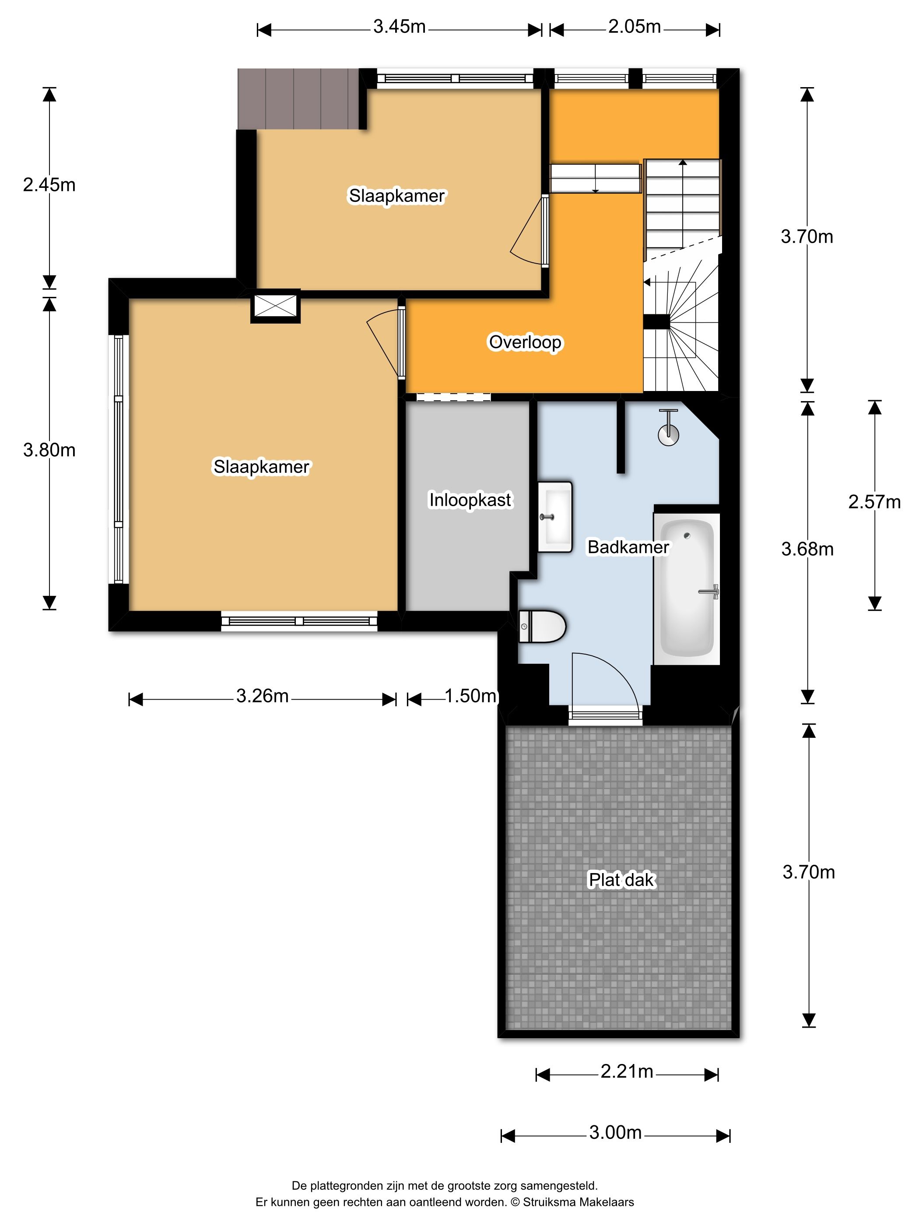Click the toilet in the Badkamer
pos(542,626)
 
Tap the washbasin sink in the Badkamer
pos(554,517)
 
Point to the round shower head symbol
pos(669,434)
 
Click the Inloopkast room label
pos(470,500)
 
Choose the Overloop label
pos(525,342)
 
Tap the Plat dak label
pos(621,880)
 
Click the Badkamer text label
pos(628,547)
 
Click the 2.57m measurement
pos(874,502)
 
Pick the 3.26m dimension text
pos(262,696)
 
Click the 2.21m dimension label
pos(627,1071)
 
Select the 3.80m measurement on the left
pos(49,450)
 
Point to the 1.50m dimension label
pos(470,696)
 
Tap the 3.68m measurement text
pos(807,549)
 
